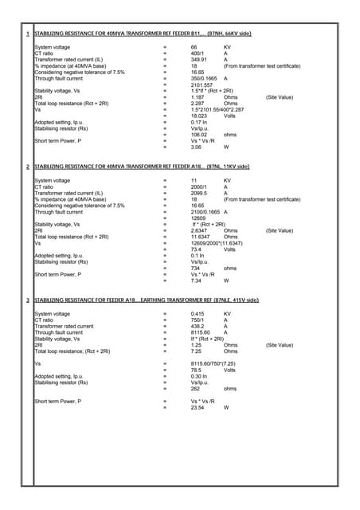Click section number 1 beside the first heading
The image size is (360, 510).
[29, 35]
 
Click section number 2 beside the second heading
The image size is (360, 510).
[29, 167]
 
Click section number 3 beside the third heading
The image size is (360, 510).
[29, 300]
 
